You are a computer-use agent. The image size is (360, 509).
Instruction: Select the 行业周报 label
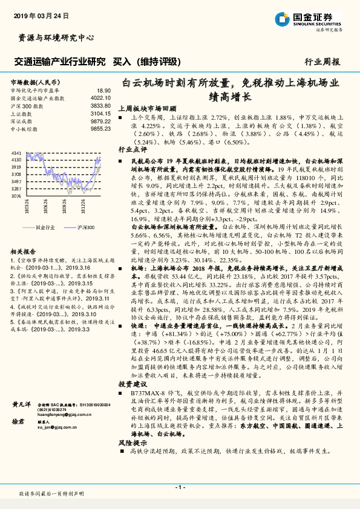click(322, 62)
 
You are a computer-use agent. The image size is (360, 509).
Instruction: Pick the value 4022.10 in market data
click(100, 97)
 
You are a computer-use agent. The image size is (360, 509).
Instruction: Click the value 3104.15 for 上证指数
click(100, 112)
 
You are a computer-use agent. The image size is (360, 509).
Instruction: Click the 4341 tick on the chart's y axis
click(16, 154)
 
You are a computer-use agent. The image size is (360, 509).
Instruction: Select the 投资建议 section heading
click(132, 401)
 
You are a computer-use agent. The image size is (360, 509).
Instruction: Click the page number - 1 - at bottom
click(180, 487)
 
